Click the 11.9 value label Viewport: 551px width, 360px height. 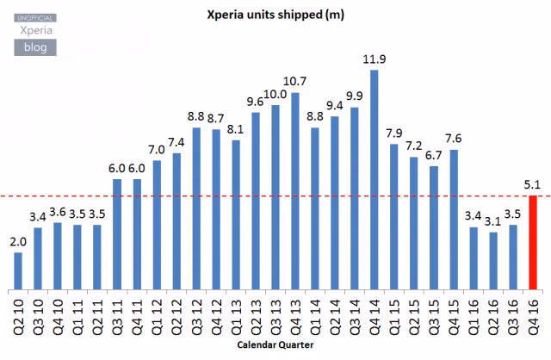374,59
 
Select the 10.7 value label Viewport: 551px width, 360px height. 294,82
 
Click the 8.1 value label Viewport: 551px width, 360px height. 235,129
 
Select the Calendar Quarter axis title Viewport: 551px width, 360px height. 275,344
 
